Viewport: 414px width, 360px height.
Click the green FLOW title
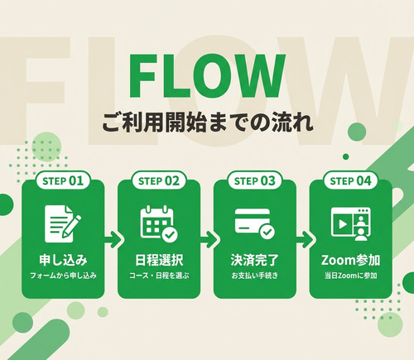tap(207, 76)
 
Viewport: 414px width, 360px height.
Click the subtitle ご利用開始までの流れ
tap(208, 122)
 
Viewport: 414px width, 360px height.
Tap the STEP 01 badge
tap(63, 180)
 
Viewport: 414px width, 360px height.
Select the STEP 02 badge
tap(159, 180)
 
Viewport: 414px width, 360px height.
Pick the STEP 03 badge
tap(254, 180)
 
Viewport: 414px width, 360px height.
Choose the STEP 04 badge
tap(350, 180)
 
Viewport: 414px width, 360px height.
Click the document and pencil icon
tap(63, 223)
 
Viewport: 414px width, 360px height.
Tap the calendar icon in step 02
tap(159, 223)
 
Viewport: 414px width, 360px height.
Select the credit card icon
tap(254, 223)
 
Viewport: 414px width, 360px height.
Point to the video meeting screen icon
tap(350, 224)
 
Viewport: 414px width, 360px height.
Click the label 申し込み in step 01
tap(63, 260)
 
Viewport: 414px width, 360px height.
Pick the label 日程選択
tap(159, 260)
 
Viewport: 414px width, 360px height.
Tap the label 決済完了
tap(254, 260)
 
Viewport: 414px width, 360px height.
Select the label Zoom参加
tap(350, 260)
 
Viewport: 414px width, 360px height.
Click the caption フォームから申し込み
tap(63, 276)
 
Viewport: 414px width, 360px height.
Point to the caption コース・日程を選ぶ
tap(159, 276)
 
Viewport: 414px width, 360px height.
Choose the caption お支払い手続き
tap(254, 276)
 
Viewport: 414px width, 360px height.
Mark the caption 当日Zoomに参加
tap(350, 276)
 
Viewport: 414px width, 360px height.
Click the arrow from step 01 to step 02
tap(113, 239)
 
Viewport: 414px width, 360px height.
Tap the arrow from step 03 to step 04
tap(306, 239)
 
